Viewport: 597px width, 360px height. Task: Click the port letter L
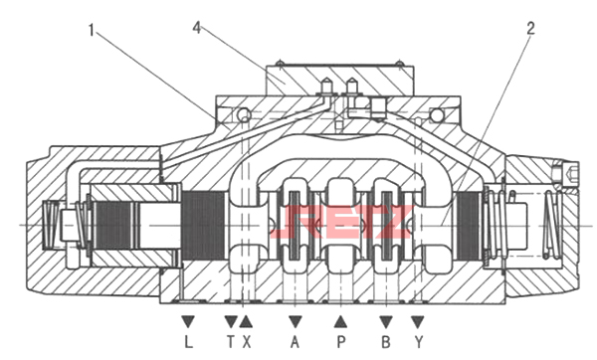coord(188,342)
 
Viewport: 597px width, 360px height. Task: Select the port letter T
coord(231,342)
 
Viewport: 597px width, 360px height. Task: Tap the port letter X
coord(247,342)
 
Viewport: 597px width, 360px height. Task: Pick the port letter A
coord(296,342)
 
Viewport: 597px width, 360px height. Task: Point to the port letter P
coord(340,342)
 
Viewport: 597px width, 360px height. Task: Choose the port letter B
coord(386,342)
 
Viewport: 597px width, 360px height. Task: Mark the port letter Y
coord(419,342)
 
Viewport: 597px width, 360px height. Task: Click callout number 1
coord(91,30)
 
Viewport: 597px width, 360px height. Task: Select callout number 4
coord(196,28)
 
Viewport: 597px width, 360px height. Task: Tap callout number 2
coord(530,28)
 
